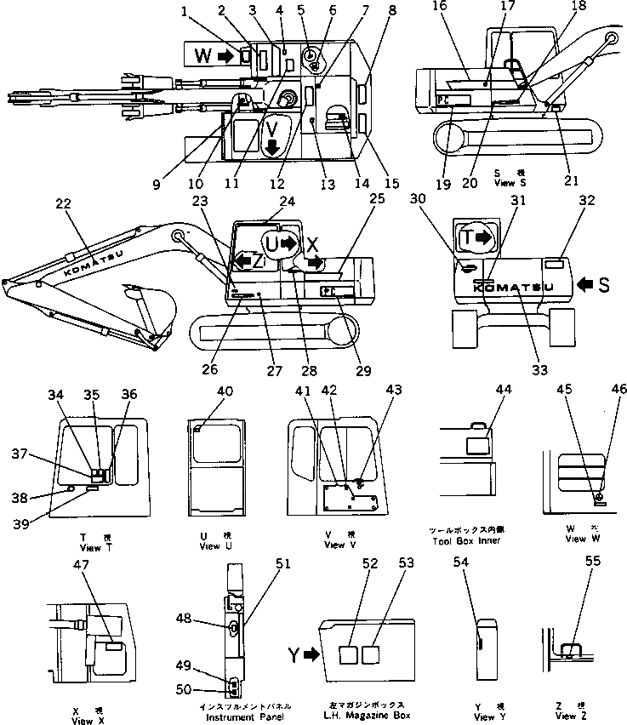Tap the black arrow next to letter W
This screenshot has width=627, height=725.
[225, 56]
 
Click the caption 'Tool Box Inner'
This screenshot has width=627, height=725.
[466, 539]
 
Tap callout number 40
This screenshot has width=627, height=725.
[225, 391]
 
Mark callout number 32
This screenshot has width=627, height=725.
[585, 201]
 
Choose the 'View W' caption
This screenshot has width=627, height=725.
[575, 539]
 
